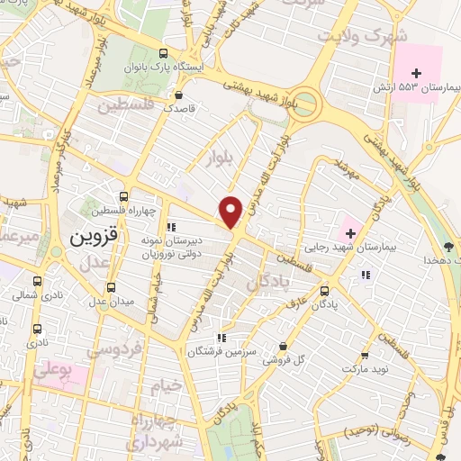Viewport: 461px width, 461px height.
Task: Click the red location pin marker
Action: (231, 211)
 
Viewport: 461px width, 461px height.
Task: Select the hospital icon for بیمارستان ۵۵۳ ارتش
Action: (415, 72)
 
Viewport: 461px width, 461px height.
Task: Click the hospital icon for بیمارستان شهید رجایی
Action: (350, 222)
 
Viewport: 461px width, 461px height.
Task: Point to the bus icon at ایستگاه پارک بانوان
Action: (162, 53)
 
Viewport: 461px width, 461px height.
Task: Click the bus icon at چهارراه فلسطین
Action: (123, 196)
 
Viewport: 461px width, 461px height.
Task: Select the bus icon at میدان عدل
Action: (112, 287)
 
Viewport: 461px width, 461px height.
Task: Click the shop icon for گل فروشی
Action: (284, 347)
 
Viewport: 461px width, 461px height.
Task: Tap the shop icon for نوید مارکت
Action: (365, 357)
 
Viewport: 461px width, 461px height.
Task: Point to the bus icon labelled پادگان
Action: (326, 291)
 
